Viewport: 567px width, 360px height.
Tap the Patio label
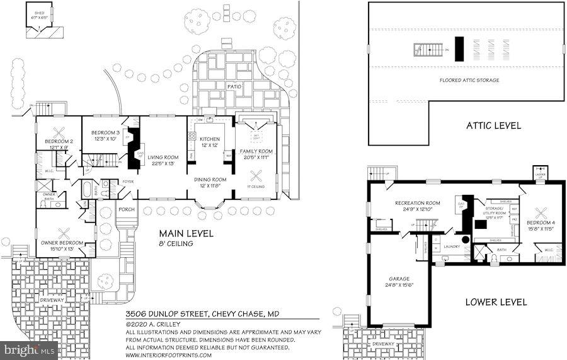(x=234, y=86)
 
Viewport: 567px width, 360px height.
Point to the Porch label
(x=127, y=209)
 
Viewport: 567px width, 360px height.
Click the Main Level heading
(x=185, y=234)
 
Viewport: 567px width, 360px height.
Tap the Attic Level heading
(x=493, y=125)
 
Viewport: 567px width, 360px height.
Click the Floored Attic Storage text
(x=469, y=81)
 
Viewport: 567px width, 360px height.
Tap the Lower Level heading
(x=496, y=302)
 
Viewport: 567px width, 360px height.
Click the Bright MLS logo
(x=29, y=351)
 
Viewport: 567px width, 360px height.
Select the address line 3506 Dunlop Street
(x=202, y=314)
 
